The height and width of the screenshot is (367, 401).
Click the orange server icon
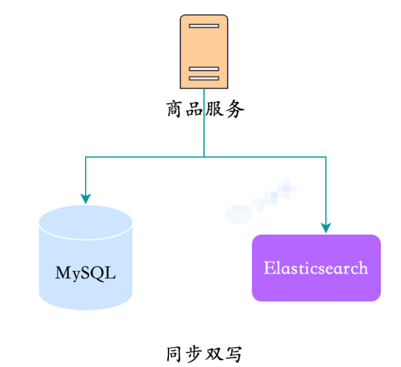pyautogui.click(x=203, y=52)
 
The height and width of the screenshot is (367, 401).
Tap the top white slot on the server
pyautogui.click(x=204, y=25)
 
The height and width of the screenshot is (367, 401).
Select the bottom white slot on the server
pyautogui.click(x=204, y=78)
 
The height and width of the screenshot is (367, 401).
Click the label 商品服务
pyautogui.click(x=205, y=110)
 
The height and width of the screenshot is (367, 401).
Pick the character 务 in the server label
pyautogui.click(x=235, y=110)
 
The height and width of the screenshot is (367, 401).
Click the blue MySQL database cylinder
pyautogui.click(x=86, y=258)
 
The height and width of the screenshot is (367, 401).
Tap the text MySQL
pyautogui.click(x=86, y=272)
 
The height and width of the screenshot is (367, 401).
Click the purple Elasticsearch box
pyautogui.click(x=316, y=267)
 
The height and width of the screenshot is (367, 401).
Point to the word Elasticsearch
pyautogui.click(x=316, y=267)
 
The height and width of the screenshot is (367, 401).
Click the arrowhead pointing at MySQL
pyautogui.click(x=86, y=199)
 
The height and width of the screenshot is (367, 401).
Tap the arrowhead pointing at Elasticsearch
pyautogui.click(x=326, y=228)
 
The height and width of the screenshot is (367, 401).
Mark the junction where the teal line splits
pyautogui.click(x=204, y=157)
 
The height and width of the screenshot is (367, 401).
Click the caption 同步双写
pyautogui.click(x=203, y=354)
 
